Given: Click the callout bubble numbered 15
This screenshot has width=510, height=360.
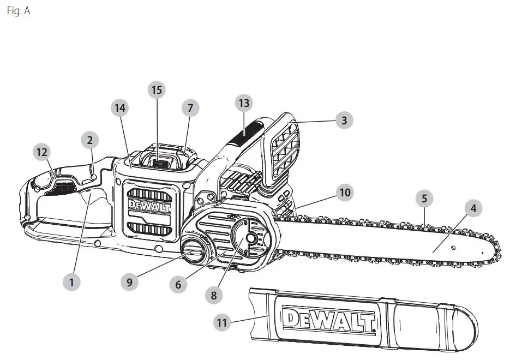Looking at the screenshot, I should [x=157, y=90].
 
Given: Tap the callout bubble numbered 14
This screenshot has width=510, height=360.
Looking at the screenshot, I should [x=119, y=108].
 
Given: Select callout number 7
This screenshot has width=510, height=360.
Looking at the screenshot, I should [x=190, y=108].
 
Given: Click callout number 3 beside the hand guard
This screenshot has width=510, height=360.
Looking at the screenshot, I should [x=344, y=121].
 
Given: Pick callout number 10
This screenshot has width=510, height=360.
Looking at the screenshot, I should [x=345, y=192].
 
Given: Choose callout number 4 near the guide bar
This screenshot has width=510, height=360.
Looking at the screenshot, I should [x=473, y=208].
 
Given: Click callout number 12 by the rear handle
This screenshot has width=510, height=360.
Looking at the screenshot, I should [x=42, y=153].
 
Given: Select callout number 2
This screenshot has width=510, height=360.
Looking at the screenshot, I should [x=90, y=140].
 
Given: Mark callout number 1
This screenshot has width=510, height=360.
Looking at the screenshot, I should [x=71, y=282].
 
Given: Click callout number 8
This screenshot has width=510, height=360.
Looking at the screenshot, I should [x=214, y=296].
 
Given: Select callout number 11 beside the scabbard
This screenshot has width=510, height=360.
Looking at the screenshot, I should [x=221, y=323].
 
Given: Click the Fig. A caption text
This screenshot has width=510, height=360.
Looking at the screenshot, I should [x=19, y=11].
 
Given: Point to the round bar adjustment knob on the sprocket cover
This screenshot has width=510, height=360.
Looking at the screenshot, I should [x=250, y=239].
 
